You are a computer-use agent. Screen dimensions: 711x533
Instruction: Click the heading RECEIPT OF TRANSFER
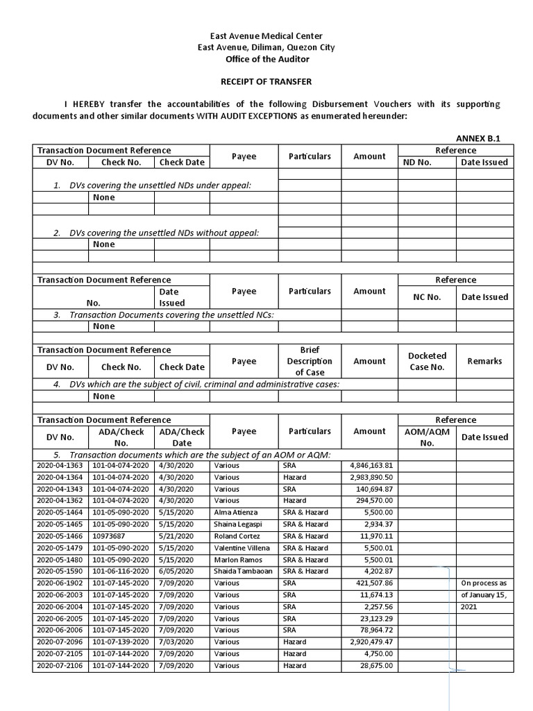pos(266,81)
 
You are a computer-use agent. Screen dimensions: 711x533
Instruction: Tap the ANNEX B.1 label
pos(477,138)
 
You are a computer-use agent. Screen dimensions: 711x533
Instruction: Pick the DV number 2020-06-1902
pos(60,583)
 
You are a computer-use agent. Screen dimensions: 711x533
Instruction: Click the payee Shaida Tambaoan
pos(244,571)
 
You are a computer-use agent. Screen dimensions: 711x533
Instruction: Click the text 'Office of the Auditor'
pos(266,59)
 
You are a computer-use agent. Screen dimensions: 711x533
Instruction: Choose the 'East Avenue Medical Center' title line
pos(266,36)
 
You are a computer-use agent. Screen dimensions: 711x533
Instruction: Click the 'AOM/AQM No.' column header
pos(427,437)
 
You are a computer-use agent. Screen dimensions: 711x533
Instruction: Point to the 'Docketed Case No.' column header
pos(427,361)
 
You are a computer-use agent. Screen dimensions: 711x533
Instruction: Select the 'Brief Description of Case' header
pos(310,361)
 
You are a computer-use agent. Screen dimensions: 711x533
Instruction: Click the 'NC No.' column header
pos(427,297)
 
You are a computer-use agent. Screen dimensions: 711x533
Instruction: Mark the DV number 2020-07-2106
pos(60,666)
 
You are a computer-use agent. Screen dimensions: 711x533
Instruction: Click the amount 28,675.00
pos(375,666)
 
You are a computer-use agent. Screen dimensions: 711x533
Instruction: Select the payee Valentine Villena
pos(242,548)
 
